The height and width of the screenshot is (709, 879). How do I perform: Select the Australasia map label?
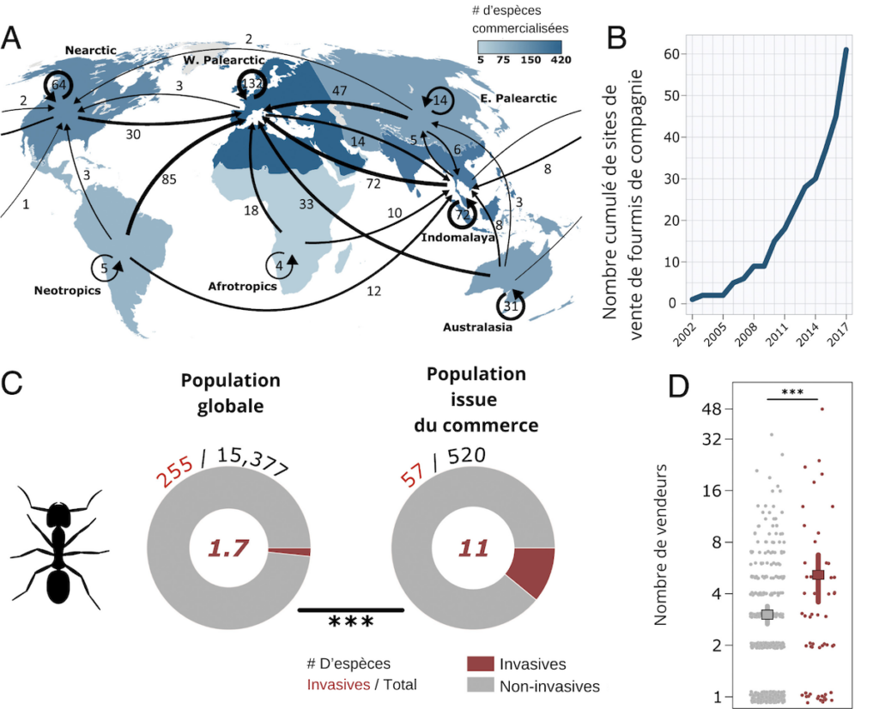(x=478, y=327)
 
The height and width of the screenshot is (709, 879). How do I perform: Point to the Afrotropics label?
(x=243, y=286)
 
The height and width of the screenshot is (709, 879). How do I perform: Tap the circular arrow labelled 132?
(x=252, y=84)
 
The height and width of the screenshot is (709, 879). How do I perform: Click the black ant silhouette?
(x=58, y=549)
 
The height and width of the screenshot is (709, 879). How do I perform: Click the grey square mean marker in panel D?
(x=767, y=614)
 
